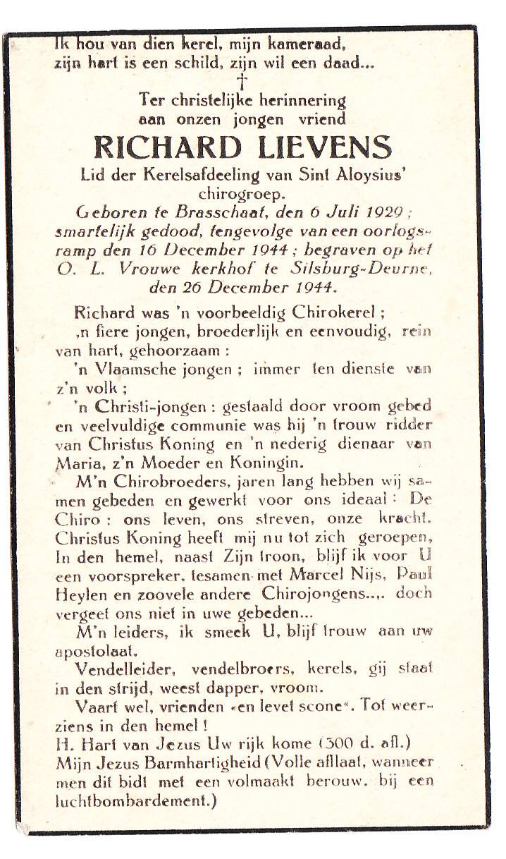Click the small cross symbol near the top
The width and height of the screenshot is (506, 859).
(x=242, y=81)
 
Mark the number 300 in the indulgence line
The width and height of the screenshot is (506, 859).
(x=337, y=743)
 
